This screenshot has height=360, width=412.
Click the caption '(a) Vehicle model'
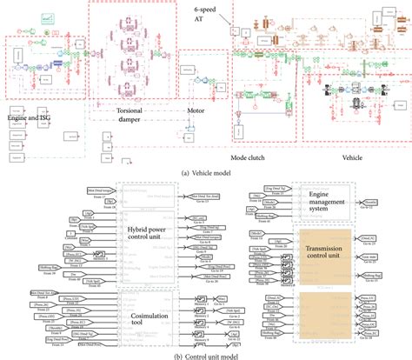(x=205, y=173)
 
